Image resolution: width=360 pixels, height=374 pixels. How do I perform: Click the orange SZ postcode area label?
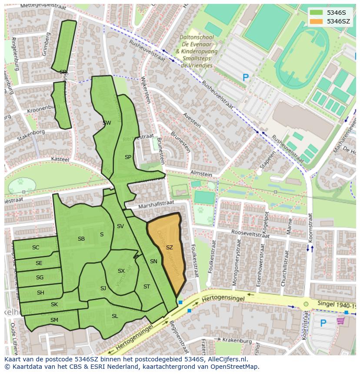pos(170,248)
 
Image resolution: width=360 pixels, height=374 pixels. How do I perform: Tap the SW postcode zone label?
pos(107,123)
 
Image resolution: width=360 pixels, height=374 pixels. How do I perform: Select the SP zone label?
pos(128,157)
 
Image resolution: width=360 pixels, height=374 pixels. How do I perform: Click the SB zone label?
pos(81,239)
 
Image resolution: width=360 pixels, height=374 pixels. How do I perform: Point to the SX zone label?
pos(121,271)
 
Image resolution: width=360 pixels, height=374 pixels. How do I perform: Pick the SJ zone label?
pos(103,288)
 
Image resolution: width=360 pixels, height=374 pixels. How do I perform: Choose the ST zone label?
pos(147,287)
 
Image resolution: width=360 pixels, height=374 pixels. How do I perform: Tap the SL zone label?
pos(115,316)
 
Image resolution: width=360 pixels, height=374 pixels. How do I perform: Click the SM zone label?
pos(54,320)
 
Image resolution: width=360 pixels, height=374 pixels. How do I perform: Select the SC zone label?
pos(36,248)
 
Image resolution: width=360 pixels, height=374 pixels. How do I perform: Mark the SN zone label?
pos(153,261)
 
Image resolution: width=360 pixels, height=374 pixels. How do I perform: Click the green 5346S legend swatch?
pos(317,12)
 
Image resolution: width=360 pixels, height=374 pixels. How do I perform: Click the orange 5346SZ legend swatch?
pos(317,21)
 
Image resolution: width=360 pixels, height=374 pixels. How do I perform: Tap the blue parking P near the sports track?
pos(246,78)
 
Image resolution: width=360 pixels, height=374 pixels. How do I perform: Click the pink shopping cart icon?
pos(341,321)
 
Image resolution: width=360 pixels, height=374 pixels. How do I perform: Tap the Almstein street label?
pos(201,174)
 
